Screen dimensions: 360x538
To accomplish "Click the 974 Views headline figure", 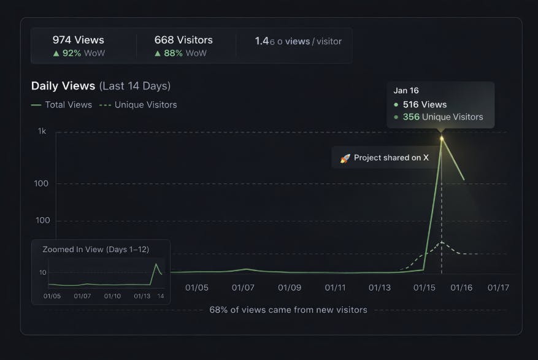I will [x=79, y=40].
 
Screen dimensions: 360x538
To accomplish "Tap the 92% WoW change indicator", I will [x=79, y=53].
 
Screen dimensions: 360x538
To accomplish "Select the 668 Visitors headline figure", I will [x=183, y=40].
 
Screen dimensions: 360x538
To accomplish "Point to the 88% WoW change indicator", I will [x=180, y=53].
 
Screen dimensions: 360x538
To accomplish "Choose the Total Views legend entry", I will [x=61, y=105].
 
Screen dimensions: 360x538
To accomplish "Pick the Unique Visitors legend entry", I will [x=138, y=105].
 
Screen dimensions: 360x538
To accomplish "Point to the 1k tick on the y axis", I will [x=42, y=131].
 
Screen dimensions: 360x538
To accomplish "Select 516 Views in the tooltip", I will [x=425, y=104].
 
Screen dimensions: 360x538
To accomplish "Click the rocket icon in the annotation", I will [x=345, y=158].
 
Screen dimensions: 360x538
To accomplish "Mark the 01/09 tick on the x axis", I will [x=290, y=287].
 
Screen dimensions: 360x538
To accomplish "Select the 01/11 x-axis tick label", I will [x=335, y=287].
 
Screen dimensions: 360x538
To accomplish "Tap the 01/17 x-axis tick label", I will [x=498, y=287].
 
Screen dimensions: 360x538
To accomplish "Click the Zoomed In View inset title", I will [x=96, y=249].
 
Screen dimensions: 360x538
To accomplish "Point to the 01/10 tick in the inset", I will [x=112, y=296].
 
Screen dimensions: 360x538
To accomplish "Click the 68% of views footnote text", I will [x=288, y=310].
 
